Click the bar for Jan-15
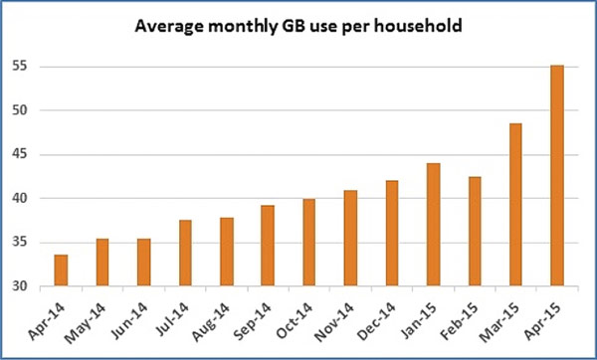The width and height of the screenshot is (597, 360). pos(433,225)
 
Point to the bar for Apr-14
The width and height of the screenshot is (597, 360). pos(61,270)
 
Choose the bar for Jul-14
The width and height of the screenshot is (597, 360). pos(185,254)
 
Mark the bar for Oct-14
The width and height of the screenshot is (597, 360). pos(308,243)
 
